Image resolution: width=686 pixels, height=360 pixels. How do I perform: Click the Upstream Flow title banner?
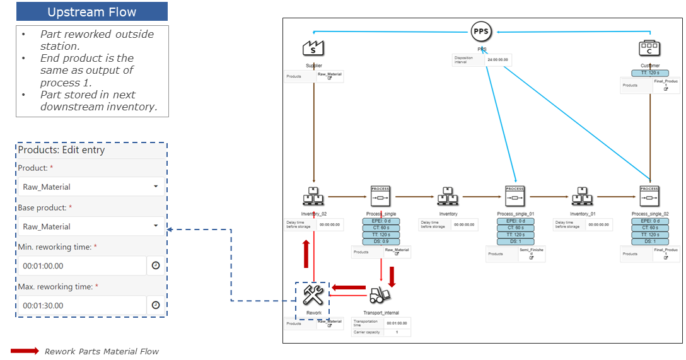pos(92,12)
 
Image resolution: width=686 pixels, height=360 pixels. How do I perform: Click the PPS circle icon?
pos(482,32)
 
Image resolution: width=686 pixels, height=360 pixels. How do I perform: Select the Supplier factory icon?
pos(313,48)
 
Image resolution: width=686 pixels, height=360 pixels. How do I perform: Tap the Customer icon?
pos(649,48)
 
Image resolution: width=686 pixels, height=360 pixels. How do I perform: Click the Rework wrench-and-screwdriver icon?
pos(313,294)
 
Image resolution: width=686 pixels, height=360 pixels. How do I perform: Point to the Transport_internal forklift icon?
pos(380,294)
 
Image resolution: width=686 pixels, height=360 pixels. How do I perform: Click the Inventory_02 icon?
pos(313,197)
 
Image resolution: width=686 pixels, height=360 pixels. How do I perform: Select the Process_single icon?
pos(381,197)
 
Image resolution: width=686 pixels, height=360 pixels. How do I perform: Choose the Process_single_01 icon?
pos(515,197)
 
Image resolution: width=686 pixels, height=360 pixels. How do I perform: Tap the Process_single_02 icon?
pos(649,197)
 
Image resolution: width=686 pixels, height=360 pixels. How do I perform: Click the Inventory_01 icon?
pos(582,197)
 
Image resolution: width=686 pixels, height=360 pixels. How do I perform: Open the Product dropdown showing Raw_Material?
pos(91,187)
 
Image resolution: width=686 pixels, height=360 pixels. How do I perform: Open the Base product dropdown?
pos(91,226)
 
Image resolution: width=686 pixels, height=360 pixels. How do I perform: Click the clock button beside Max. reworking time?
pos(156,306)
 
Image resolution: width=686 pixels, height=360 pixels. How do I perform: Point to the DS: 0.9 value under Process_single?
pos(381,241)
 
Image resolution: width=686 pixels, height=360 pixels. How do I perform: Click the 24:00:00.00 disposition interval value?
pos(498,61)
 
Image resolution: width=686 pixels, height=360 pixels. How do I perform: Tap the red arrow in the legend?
pos(25,351)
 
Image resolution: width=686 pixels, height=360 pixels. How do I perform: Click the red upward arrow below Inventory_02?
pos(306,253)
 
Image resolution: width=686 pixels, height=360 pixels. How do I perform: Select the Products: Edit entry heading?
pos(61,150)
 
